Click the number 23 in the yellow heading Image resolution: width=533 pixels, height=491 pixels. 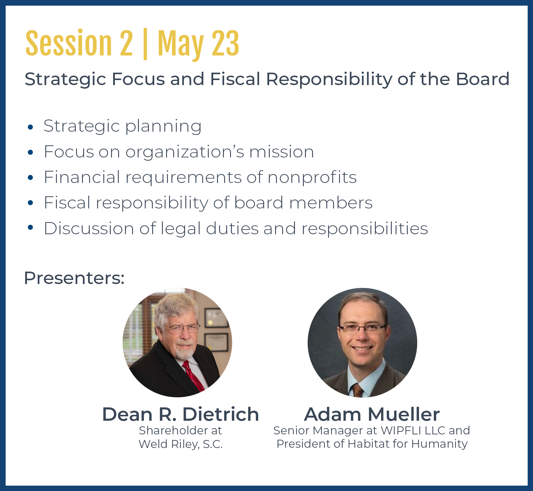tap(225, 43)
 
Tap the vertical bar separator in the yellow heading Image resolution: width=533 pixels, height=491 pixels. tap(145, 44)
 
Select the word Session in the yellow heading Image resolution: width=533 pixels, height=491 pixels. tap(69, 43)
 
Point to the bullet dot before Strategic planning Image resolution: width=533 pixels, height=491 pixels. tap(30, 127)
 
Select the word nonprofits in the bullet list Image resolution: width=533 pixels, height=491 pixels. tap(312, 178)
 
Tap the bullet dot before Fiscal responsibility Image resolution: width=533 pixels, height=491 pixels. tap(30, 203)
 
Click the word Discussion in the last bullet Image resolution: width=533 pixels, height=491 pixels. tap(89, 229)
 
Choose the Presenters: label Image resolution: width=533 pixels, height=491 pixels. tap(74, 278)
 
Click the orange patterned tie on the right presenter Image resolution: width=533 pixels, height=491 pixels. tap(357, 390)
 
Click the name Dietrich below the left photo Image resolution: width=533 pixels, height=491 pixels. tap(221, 414)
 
